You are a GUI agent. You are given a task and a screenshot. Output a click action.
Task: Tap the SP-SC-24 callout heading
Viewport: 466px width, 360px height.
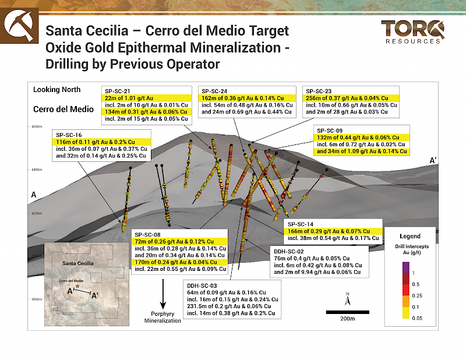(x=214, y=91)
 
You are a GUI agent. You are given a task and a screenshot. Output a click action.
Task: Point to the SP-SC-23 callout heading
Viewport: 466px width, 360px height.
(x=319, y=91)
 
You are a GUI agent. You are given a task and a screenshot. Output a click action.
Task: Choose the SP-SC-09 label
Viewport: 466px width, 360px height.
(x=329, y=130)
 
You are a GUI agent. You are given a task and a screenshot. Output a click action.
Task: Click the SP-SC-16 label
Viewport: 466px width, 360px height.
(x=68, y=135)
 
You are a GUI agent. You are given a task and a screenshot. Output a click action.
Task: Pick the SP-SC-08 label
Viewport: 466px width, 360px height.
(x=149, y=234)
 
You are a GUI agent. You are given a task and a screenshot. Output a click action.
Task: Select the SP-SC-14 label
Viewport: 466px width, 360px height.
(x=301, y=224)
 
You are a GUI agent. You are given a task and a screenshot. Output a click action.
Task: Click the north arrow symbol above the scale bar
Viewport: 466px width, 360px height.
(x=347, y=299)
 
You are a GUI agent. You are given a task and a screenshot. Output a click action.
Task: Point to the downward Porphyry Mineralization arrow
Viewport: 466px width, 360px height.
(x=163, y=295)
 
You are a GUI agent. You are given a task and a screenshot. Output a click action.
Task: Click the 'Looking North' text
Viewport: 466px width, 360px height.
(x=57, y=90)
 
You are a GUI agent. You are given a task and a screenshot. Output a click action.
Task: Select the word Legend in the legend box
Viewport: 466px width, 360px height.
(x=409, y=237)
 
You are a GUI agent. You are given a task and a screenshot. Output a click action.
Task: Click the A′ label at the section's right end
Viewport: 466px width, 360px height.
(x=433, y=160)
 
